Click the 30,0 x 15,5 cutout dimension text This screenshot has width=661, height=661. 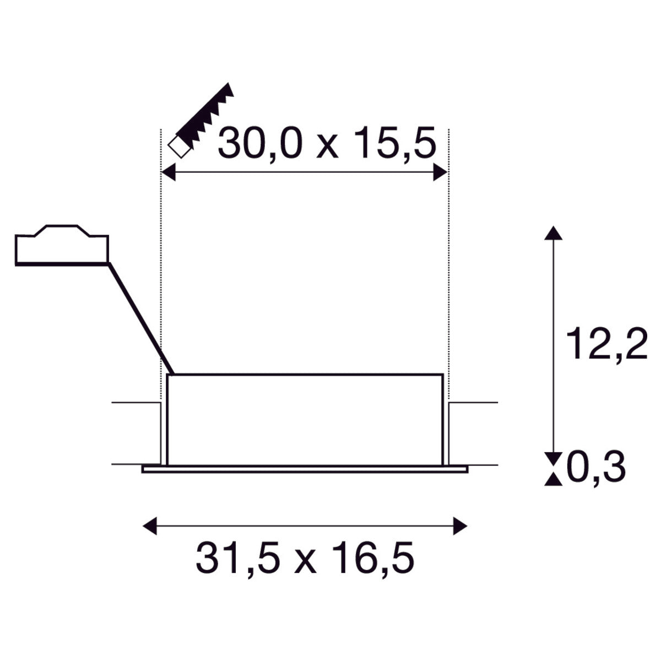coord(327,143)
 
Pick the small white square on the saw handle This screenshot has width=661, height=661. coord(179,147)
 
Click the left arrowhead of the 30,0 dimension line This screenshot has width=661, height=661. coord(169,172)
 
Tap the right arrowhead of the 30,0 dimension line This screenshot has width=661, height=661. coord(441,172)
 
